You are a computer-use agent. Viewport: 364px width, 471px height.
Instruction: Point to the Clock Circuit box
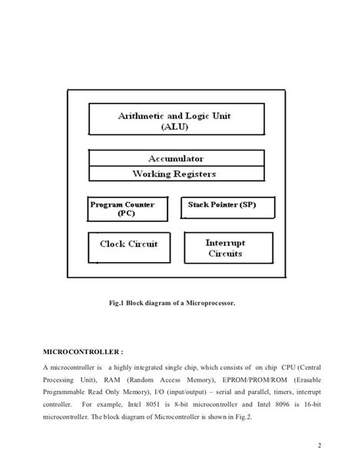129,245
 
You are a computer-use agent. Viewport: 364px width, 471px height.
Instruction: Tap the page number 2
317,446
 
